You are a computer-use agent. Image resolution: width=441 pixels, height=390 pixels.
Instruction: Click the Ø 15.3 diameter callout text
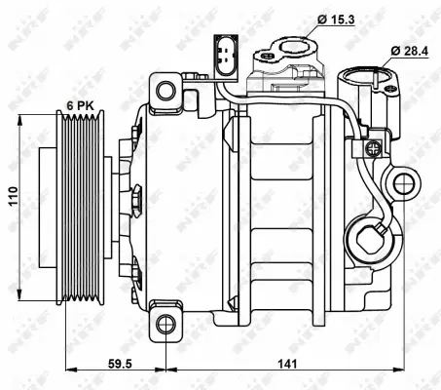336,18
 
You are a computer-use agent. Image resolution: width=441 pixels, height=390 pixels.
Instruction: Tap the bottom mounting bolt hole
166,325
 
